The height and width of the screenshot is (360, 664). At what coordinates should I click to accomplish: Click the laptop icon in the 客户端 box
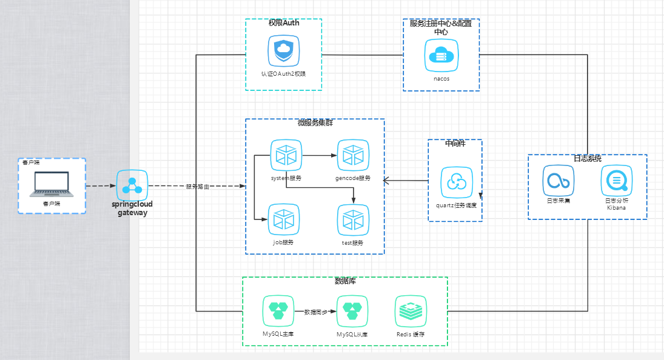pyautogui.click(x=52, y=184)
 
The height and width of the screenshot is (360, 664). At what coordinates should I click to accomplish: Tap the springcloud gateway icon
pyautogui.click(x=132, y=185)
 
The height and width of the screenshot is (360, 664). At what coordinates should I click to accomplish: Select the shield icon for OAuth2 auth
pyautogui.click(x=284, y=51)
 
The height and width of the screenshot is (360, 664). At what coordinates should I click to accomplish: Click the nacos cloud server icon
pyautogui.click(x=441, y=55)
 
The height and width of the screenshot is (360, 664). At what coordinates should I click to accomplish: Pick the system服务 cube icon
pyautogui.click(x=286, y=156)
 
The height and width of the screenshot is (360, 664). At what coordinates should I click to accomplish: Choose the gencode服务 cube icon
pyautogui.click(x=353, y=156)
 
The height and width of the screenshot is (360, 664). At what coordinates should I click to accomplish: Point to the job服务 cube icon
pyautogui.click(x=284, y=220)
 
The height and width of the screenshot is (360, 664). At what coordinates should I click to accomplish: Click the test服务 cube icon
pyautogui.click(x=353, y=221)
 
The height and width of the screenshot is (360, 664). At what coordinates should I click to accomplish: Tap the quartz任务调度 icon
pyautogui.click(x=457, y=182)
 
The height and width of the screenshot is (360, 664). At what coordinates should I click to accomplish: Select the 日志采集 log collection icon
pyautogui.click(x=558, y=180)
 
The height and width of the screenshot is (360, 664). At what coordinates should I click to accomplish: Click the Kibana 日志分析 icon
pyautogui.click(x=616, y=180)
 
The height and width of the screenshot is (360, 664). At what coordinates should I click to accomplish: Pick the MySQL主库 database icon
pyautogui.click(x=278, y=308)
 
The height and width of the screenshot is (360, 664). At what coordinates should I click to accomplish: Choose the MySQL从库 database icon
pyautogui.click(x=352, y=308)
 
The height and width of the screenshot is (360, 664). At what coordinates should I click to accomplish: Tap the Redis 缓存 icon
pyautogui.click(x=410, y=311)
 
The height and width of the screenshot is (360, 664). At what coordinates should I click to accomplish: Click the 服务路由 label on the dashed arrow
pyautogui.click(x=198, y=187)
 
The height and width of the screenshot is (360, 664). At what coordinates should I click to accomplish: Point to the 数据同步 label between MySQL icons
pyautogui.click(x=315, y=312)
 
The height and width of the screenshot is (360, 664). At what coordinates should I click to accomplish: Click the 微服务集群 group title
pyautogui.click(x=315, y=123)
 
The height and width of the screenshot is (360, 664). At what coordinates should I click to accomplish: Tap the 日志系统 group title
pyautogui.click(x=587, y=158)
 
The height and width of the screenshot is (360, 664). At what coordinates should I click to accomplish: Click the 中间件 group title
pyautogui.click(x=455, y=144)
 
